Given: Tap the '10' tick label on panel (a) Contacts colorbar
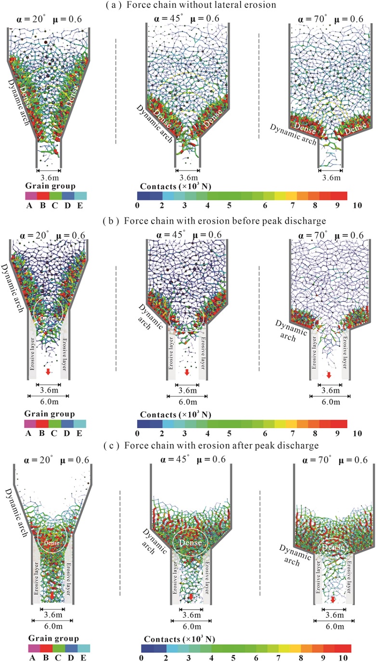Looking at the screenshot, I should [x=357, y=205].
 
